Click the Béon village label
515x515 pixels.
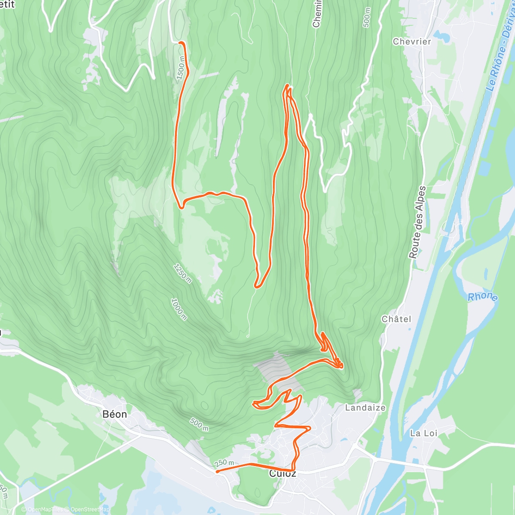click(x=115, y=414)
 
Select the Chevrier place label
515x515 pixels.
click(x=412, y=42)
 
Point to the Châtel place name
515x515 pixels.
click(x=396, y=319)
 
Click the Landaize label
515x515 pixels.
click(x=365, y=408)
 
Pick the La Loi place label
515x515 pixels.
click(x=424, y=433)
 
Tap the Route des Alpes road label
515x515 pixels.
click(x=417, y=222)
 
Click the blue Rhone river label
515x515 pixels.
click(x=482, y=297)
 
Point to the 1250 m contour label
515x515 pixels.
click(x=182, y=273)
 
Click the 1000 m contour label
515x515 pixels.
click(x=179, y=309)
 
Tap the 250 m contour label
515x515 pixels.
click(x=224, y=463)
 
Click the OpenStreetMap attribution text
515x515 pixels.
click(x=88, y=509)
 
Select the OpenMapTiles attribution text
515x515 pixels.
click(x=45, y=509)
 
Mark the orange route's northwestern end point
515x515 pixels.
click(x=180, y=42)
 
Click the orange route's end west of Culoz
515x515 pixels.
click(x=218, y=471)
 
